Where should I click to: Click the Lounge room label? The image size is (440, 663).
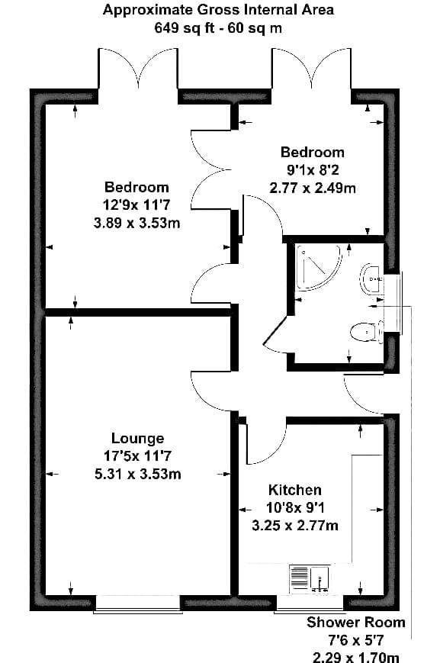(137, 438)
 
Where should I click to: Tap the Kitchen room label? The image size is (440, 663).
(295, 490)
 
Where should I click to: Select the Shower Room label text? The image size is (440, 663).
(356, 622)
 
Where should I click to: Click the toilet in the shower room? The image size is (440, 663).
(366, 332)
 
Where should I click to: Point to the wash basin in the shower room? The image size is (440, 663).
(371, 278)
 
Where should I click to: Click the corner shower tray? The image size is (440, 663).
(318, 267)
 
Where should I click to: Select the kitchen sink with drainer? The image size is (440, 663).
(310, 578)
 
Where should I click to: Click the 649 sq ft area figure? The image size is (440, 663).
(185, 28)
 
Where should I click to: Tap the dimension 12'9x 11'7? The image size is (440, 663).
(136, 204)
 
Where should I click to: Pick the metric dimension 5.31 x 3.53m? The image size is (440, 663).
(138, 474)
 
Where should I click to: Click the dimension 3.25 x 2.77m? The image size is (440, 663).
(295, 526)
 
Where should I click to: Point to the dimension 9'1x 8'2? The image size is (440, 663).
(313, 170)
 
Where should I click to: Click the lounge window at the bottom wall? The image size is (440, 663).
(138, 603)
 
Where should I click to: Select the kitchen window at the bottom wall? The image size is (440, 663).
(310, 603)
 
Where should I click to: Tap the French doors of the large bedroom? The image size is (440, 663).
(138, 68)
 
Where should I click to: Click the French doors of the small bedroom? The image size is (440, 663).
(312, 68)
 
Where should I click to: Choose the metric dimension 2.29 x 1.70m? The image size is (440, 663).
(356, 657)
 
